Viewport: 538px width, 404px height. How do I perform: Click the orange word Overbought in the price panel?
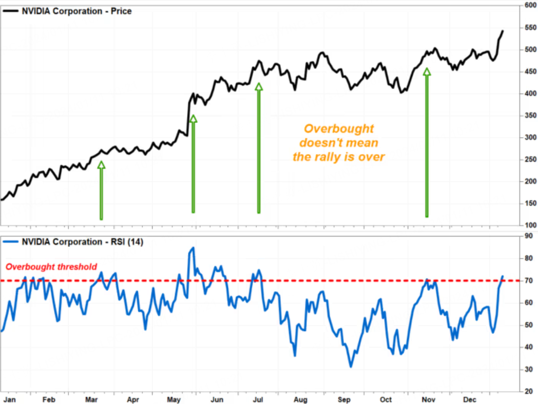point(339,129)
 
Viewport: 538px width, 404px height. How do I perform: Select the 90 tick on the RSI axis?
point(527,236)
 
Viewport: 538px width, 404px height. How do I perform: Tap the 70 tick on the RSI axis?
point(527,281)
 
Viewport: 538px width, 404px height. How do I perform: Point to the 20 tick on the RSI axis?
point(527,391)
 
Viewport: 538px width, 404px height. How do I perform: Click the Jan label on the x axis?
point(8,399)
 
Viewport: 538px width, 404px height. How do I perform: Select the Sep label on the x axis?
point(344,399)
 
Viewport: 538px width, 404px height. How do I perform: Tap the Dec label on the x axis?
point(471,399)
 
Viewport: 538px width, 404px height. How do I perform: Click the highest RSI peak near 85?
point(193,248)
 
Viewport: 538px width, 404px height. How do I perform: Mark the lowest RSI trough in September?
point(351,367)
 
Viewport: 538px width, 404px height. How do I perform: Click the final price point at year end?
point(503,31)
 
